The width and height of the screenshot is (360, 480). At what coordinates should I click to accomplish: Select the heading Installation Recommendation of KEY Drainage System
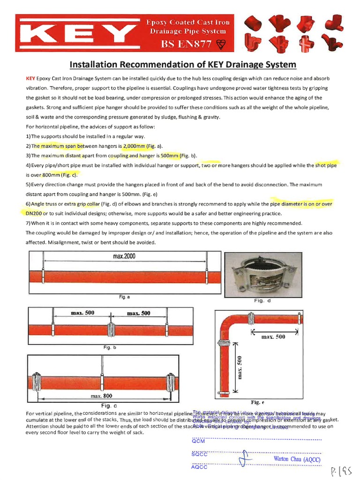pyautogui.click(x=183, y=64)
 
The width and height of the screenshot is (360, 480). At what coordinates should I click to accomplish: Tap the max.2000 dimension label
pyautogui.click(x=124, y=256)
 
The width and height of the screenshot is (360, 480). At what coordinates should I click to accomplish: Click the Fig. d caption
pyautogui.click(x=263, y=300)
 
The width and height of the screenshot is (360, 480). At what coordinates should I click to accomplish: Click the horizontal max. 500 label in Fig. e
pyautogui.click(x=273, y=337)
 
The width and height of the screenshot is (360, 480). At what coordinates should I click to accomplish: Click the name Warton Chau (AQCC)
pyautogui.click(x=297, y=459)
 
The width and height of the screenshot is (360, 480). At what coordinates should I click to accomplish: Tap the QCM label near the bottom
pyautogui.click(x=198, y=441)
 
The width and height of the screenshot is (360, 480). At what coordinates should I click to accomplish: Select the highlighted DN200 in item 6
pyautogui.click(x=30, y=213)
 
